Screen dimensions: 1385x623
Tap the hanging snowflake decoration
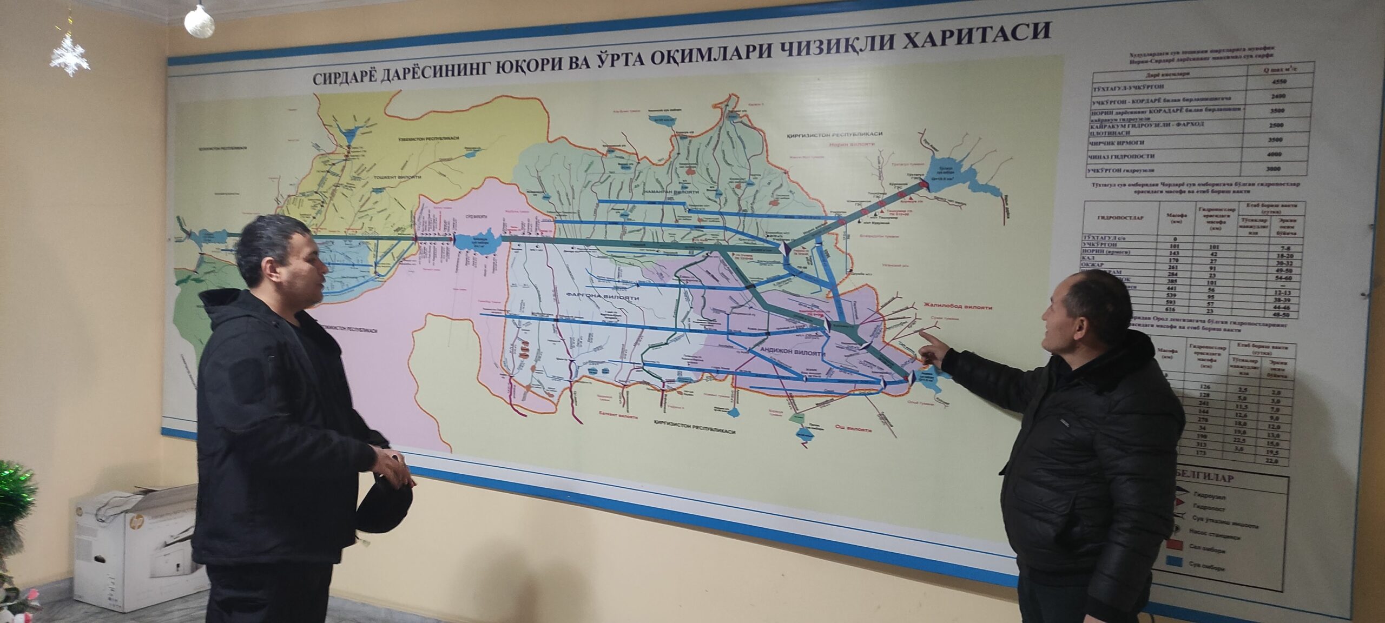(70, 55)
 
